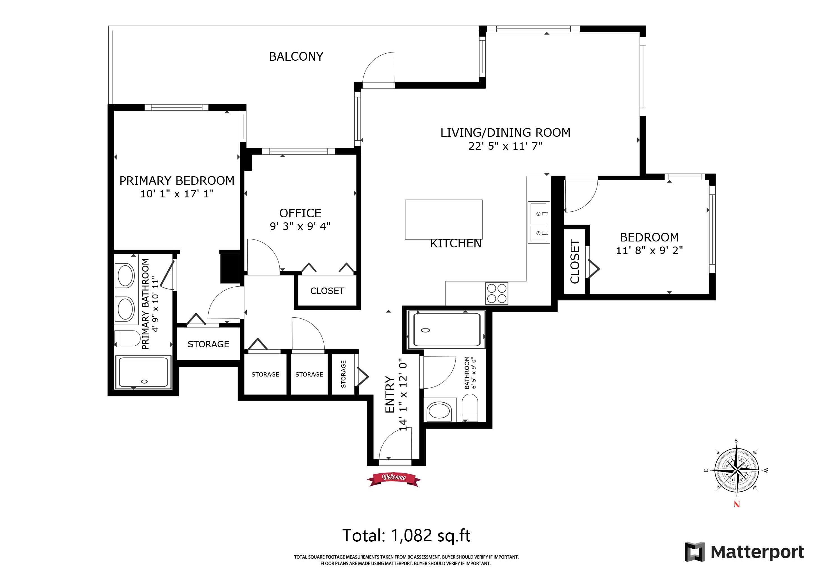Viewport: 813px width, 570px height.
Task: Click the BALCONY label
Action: click(x=296, y=57)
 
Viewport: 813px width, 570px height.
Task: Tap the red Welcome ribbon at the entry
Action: click(x=394, y=479)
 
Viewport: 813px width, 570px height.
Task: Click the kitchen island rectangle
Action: click(x=444, y=220)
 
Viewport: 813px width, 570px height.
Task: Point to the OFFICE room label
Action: click(x=300, y=213)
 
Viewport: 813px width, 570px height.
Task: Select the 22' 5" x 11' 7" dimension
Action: click(x=506, y=146)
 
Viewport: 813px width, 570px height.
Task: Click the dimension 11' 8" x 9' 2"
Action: click(x=649, y=250)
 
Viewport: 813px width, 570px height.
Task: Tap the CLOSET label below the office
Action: click(x=327, y=291)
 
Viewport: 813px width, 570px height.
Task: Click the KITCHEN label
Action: click(x=456, y=244)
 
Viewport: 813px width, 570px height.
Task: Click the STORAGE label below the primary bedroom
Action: click(x=208, y=344)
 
